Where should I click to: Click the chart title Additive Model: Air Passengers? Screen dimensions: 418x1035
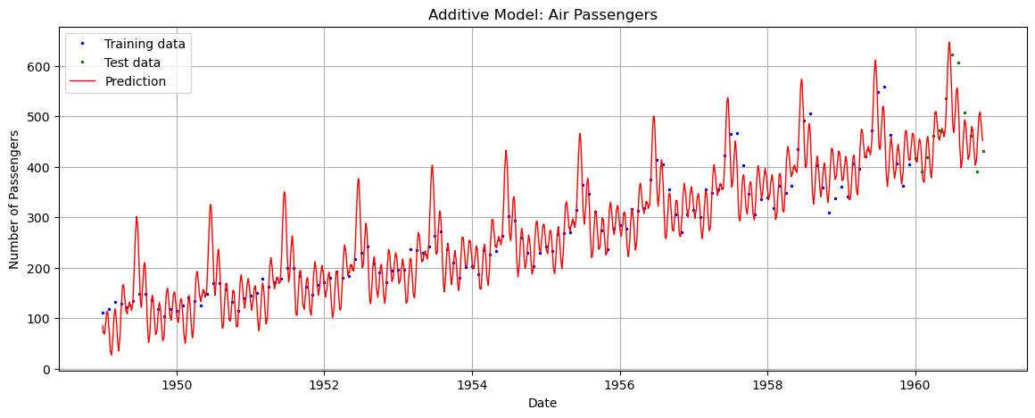(542, 14)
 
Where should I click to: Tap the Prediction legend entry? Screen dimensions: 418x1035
(135, 81)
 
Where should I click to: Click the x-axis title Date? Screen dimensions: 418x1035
(542, 404)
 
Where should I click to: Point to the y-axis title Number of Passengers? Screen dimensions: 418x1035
(14, 199)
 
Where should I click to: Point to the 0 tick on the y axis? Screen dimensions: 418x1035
(48, 369)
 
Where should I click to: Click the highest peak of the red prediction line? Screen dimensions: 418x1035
(948, 42)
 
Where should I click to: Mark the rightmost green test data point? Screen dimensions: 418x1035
(983, 151)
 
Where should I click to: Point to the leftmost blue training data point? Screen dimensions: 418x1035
(103, 313)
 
